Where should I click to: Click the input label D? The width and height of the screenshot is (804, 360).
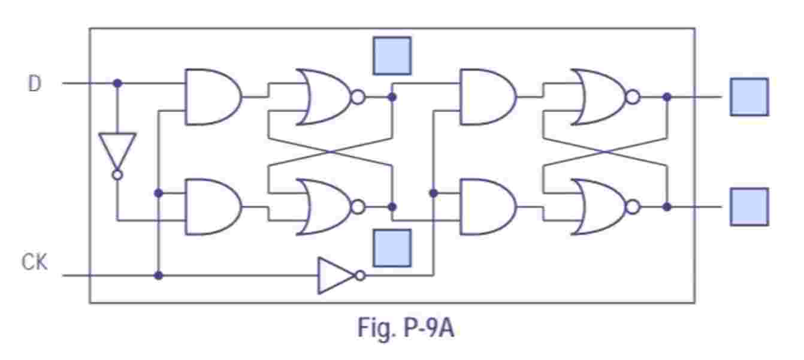35,84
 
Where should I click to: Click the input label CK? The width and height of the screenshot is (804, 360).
35,263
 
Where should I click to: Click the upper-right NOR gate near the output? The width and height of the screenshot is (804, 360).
599,96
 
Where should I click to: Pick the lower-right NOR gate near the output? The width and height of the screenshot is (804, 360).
599,207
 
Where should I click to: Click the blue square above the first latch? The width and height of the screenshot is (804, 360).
392,56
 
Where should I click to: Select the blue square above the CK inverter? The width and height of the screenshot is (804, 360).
392,247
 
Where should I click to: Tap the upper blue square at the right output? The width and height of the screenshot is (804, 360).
749,96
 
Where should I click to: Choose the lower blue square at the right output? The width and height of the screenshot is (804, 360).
749,207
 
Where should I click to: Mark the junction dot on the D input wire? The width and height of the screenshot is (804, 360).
117,83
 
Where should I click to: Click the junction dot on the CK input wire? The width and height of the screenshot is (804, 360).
158,276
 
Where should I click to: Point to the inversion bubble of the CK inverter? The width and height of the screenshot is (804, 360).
360,276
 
